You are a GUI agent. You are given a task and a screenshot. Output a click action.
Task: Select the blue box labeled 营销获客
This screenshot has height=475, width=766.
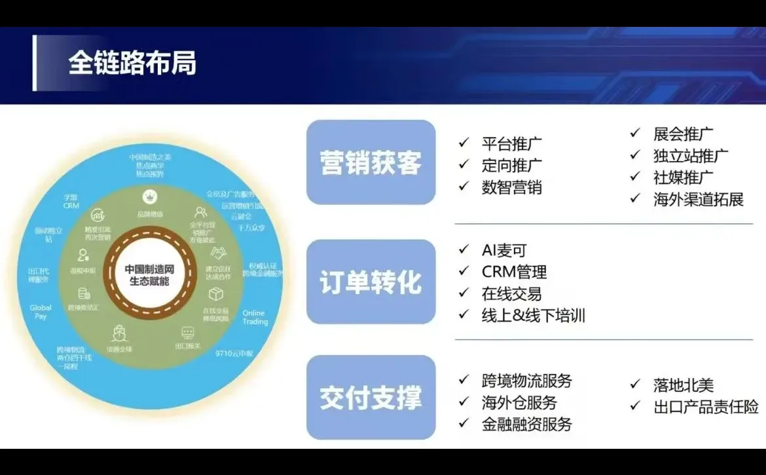[371, 162]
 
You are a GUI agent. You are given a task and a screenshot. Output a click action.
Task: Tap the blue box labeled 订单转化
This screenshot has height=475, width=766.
[371, 282]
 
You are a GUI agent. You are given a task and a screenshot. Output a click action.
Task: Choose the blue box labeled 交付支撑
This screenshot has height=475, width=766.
[371, 398]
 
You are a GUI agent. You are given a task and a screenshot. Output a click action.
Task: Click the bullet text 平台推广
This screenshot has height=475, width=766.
[512, 143]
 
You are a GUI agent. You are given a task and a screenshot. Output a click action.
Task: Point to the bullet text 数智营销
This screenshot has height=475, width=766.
[512, 187]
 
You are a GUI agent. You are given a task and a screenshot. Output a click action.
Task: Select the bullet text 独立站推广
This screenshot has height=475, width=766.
[691, 156]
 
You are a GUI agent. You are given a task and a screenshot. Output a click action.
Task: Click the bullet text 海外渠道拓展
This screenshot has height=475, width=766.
[699, 200]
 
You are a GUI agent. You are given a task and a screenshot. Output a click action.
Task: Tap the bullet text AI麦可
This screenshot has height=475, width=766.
[504, 250]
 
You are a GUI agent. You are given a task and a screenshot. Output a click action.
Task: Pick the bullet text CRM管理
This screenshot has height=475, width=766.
[515, 272]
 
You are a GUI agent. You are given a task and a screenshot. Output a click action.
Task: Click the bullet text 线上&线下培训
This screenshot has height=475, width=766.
[534, 316]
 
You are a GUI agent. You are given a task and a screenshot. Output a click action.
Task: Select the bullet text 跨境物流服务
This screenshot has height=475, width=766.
[527, 380]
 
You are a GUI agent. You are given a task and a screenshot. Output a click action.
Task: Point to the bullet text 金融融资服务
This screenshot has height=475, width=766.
[527, 424]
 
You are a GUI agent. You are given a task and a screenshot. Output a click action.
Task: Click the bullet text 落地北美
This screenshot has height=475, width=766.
[684, 386]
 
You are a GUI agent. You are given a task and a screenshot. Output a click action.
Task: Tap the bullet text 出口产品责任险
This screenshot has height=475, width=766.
[706, 408]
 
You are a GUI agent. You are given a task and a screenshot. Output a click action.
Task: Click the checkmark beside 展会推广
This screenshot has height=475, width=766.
[635, 133]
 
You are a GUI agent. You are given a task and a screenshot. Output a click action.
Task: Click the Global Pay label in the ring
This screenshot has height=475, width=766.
[41, 312]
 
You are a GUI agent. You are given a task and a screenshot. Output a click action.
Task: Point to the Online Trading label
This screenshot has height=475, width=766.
[255, 318]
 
